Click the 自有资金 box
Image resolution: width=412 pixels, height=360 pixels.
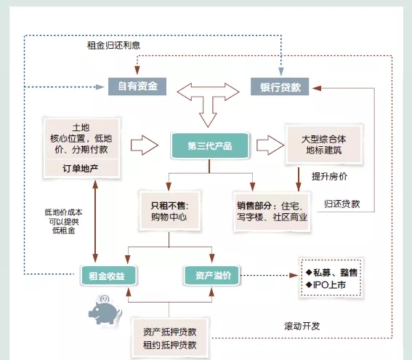137,87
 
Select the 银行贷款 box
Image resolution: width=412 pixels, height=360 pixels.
280,87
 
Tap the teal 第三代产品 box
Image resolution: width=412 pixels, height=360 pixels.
210,145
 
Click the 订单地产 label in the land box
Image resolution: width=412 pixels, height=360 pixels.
81,168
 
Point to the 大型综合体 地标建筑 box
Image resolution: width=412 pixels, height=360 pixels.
324,145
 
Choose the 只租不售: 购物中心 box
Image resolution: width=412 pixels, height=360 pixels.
169,211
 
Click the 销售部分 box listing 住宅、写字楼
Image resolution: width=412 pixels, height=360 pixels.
272,212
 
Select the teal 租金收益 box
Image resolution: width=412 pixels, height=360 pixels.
108,276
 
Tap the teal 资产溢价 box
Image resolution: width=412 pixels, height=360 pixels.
211,276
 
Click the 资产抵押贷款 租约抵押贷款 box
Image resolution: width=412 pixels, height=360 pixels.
170,338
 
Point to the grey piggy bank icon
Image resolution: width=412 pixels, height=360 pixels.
105,310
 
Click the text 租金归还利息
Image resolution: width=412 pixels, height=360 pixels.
113,45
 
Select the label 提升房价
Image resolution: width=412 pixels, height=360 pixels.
329,176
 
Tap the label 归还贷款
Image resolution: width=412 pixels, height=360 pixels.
342,204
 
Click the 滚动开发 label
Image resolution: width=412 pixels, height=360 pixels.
302,326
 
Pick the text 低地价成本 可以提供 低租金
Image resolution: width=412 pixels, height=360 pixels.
63,221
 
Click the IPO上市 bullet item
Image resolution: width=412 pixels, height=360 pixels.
326,285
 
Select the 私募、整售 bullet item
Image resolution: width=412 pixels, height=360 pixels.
331,273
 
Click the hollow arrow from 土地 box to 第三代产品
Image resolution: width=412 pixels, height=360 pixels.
145,145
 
